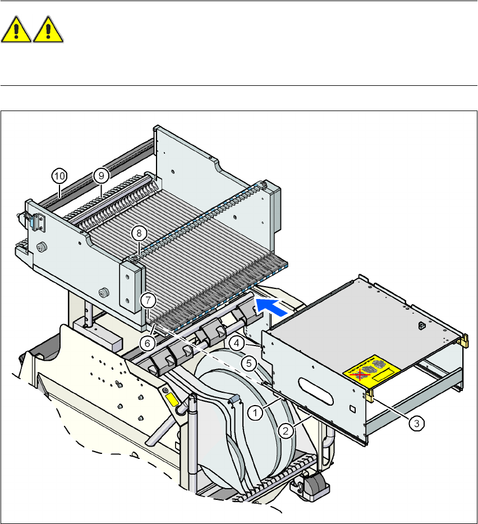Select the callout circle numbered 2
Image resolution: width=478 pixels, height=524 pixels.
286,430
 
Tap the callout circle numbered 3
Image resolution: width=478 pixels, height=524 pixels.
416,424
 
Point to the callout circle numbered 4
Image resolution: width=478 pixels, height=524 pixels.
237,342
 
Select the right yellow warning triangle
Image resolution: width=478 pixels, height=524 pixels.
48,30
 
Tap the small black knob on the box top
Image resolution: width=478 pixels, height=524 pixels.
420,325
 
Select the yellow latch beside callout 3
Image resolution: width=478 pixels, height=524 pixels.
370,395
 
